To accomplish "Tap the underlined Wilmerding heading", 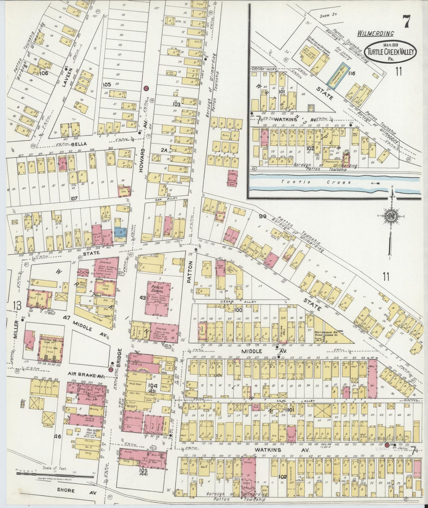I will tap(375, 33).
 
